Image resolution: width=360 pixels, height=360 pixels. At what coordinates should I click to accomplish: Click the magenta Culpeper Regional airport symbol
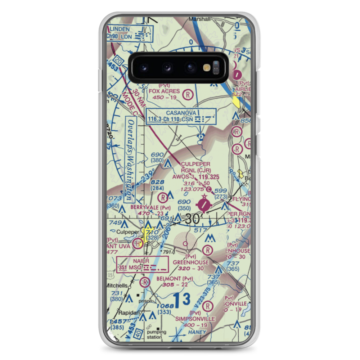pos(204,205)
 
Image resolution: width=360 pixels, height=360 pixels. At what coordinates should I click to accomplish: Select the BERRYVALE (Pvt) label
pos(145,208)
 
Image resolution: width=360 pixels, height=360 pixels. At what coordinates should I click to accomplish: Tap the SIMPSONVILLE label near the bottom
pos(195,319)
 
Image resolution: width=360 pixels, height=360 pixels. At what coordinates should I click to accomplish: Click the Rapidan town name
pos(118,312)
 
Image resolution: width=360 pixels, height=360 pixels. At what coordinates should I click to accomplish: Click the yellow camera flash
pos(207,67)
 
